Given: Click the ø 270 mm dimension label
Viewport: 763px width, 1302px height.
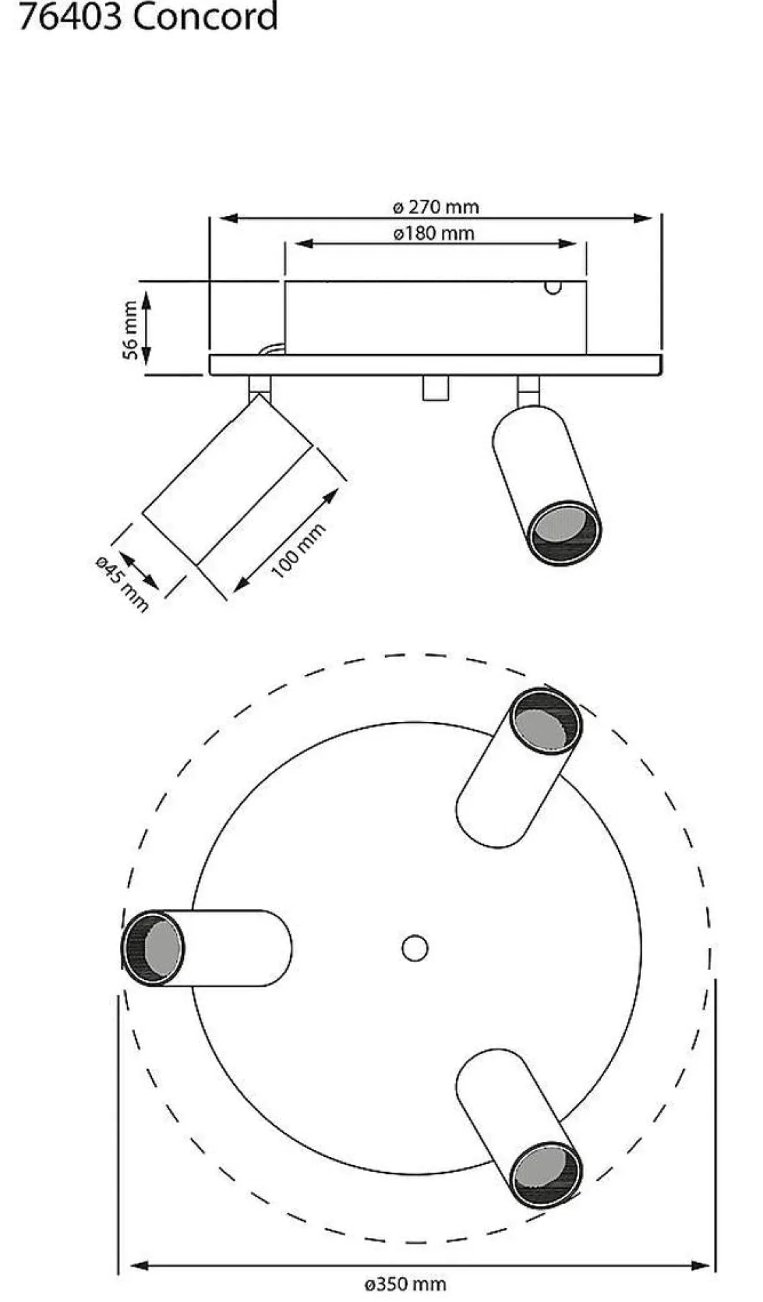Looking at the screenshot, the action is (x=436, y=206).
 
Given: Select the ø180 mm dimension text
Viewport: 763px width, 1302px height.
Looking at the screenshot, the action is (x=434, y=233).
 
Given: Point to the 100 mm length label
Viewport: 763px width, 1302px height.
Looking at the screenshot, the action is (x=299, y=550).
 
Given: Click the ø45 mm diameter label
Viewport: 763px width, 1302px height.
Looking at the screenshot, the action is (x=122, y=583).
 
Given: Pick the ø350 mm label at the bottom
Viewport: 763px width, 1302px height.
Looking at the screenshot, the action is (x=405, y=1284).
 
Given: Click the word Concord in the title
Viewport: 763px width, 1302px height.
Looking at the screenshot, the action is (x=206, y=16).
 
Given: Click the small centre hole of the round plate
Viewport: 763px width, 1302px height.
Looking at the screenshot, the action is (x=415, y=948).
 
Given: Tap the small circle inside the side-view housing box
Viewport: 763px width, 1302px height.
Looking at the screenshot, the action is (x=553, y=287).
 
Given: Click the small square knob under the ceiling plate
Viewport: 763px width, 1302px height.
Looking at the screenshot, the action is (x=435, y=387).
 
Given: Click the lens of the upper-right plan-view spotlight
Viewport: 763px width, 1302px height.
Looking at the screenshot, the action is (x=545, y=722).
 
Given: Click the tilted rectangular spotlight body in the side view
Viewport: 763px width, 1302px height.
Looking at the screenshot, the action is (x=228, y=479).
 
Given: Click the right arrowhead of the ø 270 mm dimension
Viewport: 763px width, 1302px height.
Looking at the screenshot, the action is (x=643, y=218).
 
